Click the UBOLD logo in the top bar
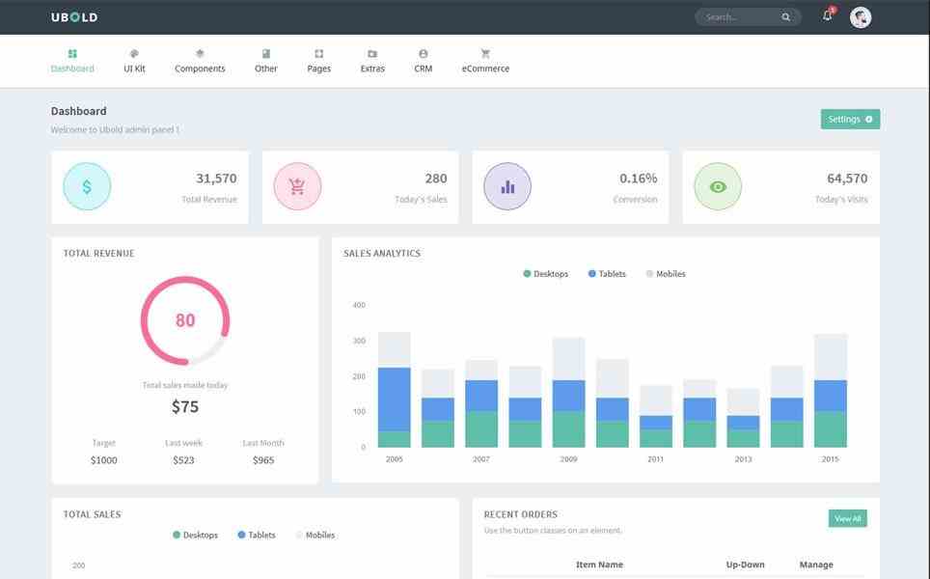point(74,17)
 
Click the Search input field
point(738,17)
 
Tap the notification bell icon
point(827,16)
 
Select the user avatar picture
point(861,17)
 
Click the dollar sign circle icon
point(87,186)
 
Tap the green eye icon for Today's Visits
point(718,186)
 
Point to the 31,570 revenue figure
point(216,179)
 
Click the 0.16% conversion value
point(638,179)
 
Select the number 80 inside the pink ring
point(185,320)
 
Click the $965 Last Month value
point(263,460)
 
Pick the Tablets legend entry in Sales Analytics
point(607,274)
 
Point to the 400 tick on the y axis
point(359,305)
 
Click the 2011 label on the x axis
point(656,459)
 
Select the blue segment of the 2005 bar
point(394,399)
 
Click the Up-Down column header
point(745,565)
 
